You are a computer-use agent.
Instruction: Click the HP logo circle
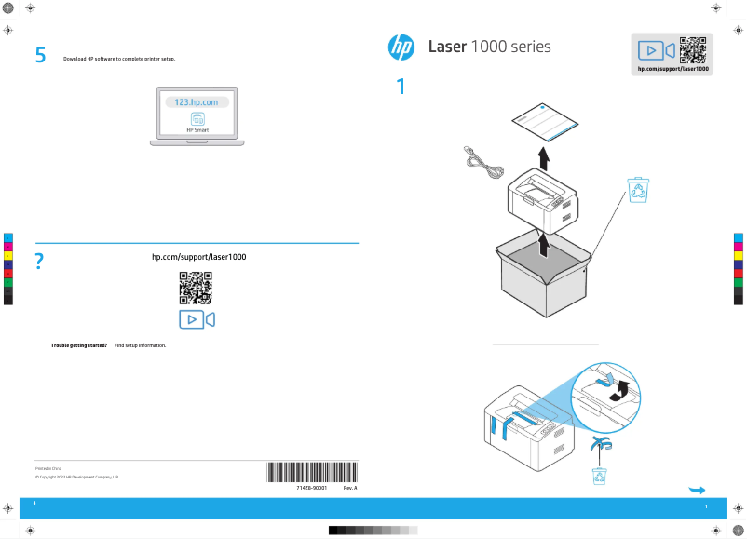401,47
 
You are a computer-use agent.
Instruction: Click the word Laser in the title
447,47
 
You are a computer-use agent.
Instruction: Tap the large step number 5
40,56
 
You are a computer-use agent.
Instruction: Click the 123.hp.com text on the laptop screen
196,101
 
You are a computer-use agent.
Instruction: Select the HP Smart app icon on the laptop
197,119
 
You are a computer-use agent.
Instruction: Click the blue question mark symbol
39,263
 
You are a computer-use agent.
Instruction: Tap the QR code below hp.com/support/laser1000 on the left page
196,288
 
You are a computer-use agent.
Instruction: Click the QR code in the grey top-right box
692,48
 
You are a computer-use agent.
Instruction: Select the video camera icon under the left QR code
197,319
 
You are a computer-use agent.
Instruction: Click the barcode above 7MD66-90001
312,471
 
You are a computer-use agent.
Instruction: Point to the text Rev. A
350,488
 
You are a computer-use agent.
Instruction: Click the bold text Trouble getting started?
79,345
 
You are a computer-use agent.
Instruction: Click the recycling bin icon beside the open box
640,190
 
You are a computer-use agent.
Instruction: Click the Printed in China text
48,468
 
